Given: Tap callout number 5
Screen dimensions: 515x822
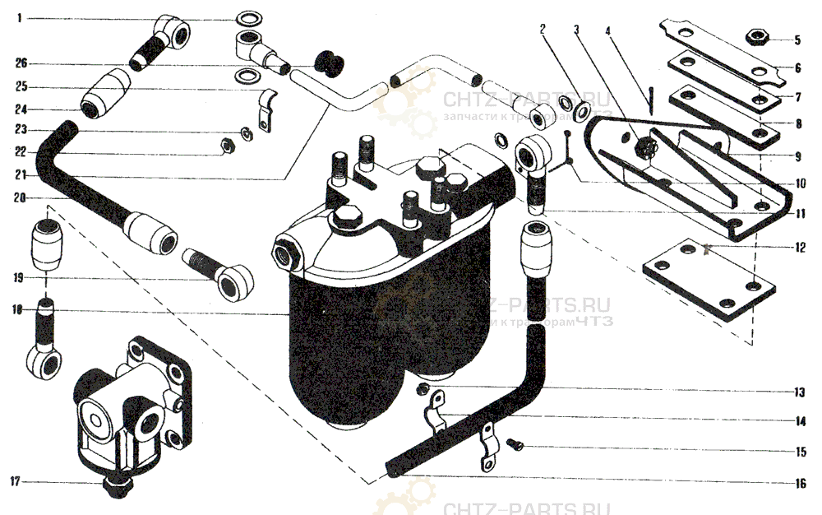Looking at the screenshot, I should pos(797,39).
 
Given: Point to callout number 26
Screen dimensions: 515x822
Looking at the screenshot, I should pos(21,63).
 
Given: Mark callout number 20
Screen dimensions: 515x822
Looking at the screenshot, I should pos(20,197).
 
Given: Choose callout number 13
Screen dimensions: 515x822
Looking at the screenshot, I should pos(797,392).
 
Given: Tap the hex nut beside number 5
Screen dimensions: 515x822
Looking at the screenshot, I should pos(755,37).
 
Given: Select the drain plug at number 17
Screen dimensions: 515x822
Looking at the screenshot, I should pos(114,486).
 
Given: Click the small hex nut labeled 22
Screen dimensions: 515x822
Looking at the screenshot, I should pos(229,146).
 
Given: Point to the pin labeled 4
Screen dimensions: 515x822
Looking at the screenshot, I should pos(649,102).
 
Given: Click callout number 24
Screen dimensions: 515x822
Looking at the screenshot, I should pos(20,109).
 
